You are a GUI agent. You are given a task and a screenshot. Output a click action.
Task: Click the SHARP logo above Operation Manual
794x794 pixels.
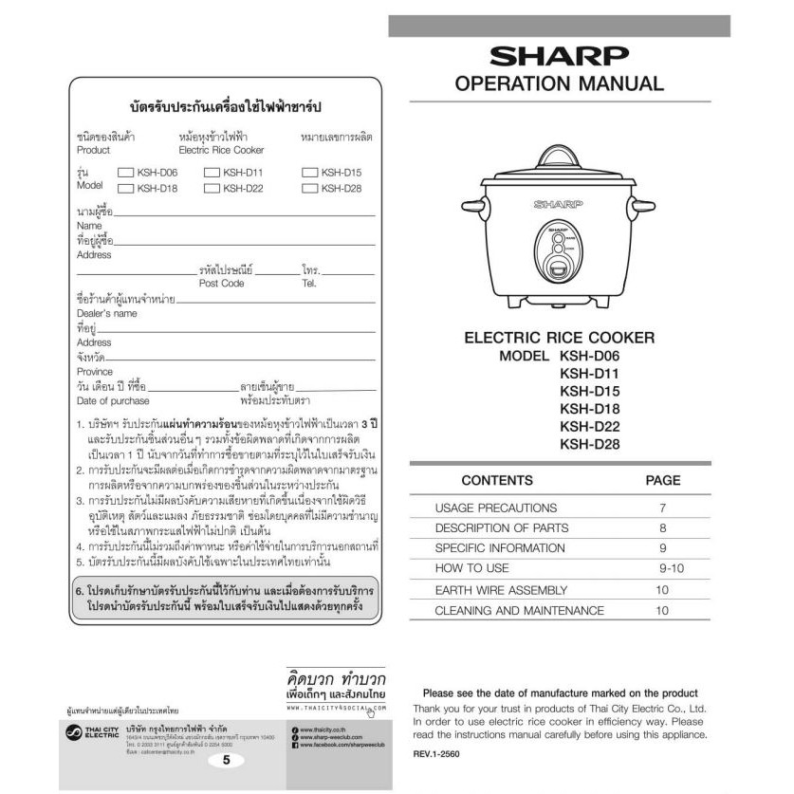[558, 56]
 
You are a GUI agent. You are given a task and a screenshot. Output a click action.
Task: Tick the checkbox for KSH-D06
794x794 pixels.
[126, 173]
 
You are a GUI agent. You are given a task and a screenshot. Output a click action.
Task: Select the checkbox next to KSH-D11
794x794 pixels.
[212, 173]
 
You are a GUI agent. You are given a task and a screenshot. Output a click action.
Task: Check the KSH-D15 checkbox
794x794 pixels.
[309, 173]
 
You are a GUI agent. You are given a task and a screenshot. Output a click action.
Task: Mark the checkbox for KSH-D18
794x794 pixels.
[126, 188]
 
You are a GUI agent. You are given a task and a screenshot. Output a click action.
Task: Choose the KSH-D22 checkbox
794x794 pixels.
[212, 188]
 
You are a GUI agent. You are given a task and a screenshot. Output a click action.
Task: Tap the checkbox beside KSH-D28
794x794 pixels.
[309, 188]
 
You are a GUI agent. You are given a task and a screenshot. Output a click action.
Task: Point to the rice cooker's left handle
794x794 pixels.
[473, 206]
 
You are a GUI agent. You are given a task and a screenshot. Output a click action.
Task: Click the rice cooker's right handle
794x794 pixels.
[642, 206]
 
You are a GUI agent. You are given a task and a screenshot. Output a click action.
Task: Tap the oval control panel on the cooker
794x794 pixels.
[557, 252]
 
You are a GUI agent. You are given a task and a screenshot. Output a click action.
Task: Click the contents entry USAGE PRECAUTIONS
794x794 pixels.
[495, 508]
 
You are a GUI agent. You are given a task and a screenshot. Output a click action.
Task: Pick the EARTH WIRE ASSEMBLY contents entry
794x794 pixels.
[501, 590]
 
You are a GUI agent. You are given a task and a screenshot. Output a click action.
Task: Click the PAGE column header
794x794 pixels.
[663, 481]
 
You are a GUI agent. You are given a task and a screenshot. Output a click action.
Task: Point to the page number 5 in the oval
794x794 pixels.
[226, 759]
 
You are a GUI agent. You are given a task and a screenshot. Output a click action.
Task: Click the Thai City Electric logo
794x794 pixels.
[89, 733]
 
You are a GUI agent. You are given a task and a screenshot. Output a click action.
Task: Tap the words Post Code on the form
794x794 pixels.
[221, 284]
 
